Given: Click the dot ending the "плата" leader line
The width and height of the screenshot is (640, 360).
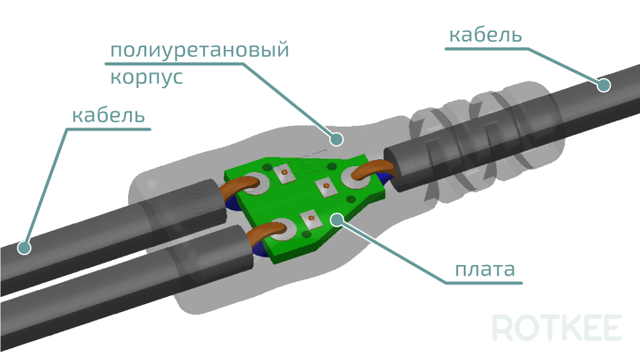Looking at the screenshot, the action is coord(337,219).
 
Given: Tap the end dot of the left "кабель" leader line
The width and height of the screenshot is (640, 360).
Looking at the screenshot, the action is coord(24,247).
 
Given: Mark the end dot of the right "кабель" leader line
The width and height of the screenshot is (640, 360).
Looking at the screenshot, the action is coord(604,85).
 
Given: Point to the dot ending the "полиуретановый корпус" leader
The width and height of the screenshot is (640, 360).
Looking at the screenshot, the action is coord(336,139).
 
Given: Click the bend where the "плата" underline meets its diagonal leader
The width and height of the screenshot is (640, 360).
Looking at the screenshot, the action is coord(446,282).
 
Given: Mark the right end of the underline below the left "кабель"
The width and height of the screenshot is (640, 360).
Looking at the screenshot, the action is coord(150,129).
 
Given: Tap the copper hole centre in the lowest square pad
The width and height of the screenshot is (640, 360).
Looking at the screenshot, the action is coord(311,218).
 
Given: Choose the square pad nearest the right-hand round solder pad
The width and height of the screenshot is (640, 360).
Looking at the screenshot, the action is coord(326,186).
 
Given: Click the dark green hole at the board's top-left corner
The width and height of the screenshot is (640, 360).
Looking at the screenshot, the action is coord(267,167).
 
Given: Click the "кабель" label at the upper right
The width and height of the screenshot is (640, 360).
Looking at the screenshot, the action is coord(485,35).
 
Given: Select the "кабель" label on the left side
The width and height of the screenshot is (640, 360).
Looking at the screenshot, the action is coord(108,116).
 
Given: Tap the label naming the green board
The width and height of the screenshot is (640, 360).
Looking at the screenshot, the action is coord(485,270).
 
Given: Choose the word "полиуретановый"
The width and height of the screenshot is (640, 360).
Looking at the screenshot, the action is coord(199,51).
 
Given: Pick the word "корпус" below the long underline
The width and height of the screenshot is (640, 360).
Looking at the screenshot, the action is coord(146,77).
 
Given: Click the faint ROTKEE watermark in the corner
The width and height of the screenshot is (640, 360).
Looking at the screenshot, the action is coord(557,327).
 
